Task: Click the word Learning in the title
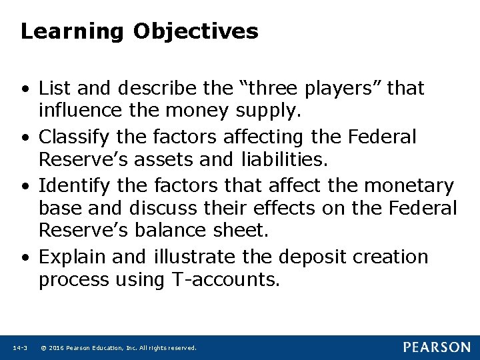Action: [x=71, y=31]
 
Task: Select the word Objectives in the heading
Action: [x=195, y=31]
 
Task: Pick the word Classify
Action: [x=75, y=137]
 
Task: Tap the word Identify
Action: [x=75, y=185]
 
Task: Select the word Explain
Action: [x=73, y=257]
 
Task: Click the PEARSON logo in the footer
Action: [x=437, y=347]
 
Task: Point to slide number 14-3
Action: [x=19, y=348]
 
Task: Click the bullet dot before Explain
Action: [x=25, y=257]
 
